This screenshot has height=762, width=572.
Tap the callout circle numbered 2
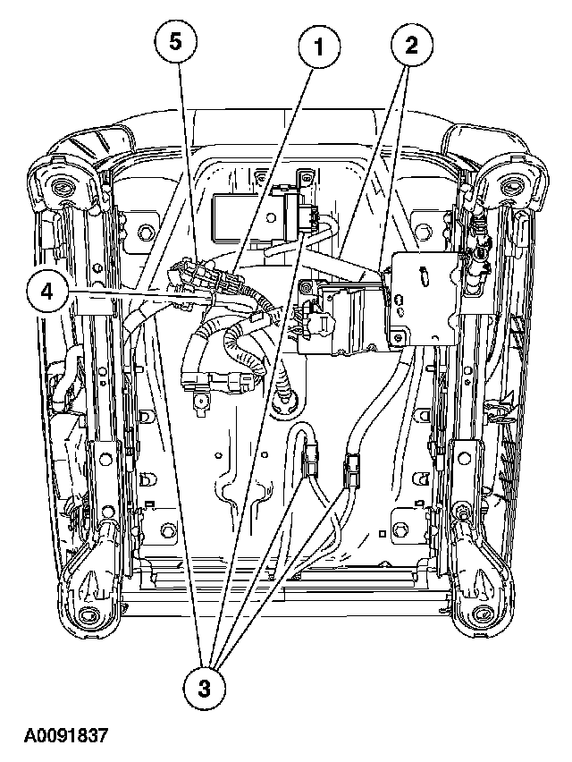click(412, 44)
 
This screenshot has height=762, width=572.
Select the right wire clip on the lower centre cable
click(351, 470)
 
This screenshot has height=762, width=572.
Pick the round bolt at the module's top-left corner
click(307, 286)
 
